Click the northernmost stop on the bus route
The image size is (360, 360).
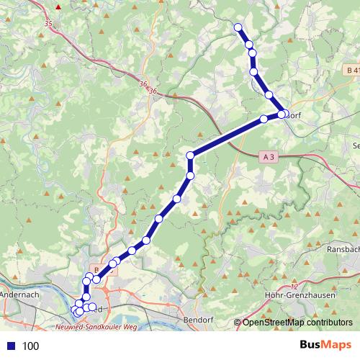(238, 27)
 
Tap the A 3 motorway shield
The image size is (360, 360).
(269, 156)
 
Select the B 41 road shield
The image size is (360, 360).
(351, 70)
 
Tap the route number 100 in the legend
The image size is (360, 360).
(30, 346)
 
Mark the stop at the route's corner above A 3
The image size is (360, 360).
(191, 156)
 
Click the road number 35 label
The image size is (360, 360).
(48, 24)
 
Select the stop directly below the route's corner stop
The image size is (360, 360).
(191, 176)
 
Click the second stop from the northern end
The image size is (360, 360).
(249, 45)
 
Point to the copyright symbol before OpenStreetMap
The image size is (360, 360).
(237, 323)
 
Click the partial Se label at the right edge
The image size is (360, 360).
(355, 145)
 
